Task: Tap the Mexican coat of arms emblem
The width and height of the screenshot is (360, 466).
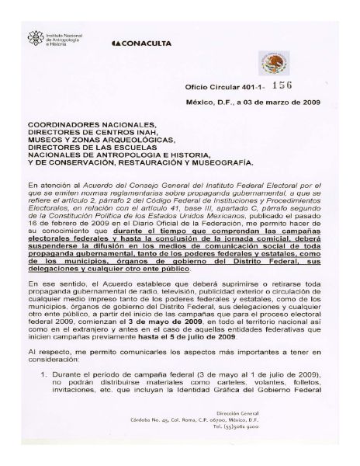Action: click(274, 62)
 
